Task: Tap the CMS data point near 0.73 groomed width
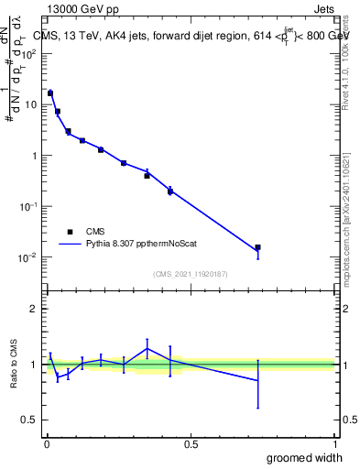pyautogui.click(x=257, y=247)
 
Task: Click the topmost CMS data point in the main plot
pyautogui.click(x=50, y=93)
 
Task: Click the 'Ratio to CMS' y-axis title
pyautogui.click(x=15, y=364)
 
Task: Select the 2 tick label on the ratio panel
pyautogui.click(x=34, y=309)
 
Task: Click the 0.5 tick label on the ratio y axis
pyautogui.click(x=30, y=420)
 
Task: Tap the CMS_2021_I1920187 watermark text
pyautogui.click(x=190, y=273)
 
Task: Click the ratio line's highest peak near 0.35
pyautogui.click(x=147, y=348)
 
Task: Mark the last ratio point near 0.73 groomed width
pyautogui.click(x=257, y=381)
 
